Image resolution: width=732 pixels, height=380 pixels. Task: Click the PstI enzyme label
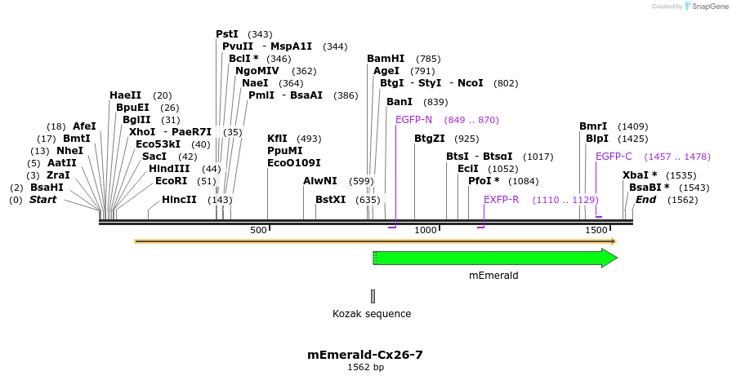coord(227,34)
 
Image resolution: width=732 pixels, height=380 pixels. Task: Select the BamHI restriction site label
coord(386,59)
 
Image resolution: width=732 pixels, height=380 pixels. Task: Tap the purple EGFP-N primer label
coord(413,120)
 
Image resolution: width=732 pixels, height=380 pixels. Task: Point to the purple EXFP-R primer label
coord(501,200)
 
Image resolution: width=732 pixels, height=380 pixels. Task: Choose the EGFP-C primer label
coord(614,157)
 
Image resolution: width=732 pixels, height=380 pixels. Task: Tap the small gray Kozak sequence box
coord(373,296)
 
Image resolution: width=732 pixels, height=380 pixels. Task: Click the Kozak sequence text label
coord(372,314)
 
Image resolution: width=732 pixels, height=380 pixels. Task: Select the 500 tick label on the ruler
coord(259,231)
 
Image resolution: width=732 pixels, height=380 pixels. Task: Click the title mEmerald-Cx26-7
coord(365,355)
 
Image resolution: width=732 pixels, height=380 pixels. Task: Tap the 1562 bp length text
coord(365,368)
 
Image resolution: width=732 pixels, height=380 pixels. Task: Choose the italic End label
coord(645,200)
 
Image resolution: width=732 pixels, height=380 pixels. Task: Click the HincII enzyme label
coord(179,200)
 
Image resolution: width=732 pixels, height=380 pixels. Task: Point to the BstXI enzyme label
coord(332,200)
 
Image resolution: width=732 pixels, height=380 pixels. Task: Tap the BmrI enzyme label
coord(593,126)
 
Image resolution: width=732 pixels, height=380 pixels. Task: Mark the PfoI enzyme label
coord(484,181)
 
